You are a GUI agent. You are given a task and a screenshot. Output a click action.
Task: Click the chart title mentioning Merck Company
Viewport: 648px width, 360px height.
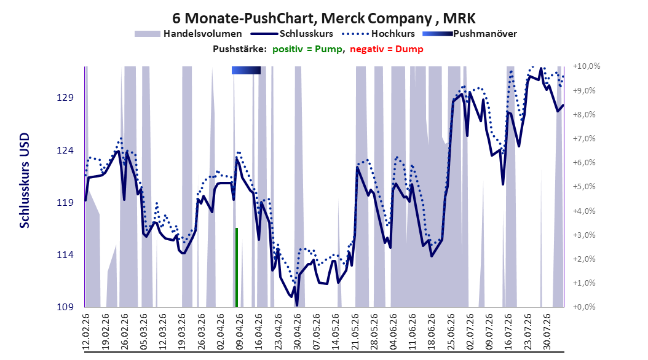[324, 18]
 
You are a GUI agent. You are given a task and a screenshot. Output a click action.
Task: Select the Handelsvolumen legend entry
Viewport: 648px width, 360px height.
[189, 34]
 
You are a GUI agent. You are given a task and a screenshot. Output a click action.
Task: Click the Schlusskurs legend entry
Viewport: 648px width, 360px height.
[292, 34]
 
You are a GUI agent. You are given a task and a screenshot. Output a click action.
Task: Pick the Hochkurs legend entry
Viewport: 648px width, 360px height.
[379, 34]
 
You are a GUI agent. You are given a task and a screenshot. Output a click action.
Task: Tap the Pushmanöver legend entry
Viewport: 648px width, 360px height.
[470, 34]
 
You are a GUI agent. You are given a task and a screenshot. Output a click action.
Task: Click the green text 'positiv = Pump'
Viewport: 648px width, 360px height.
[307, 49]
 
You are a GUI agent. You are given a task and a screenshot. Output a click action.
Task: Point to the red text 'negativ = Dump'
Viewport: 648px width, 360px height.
[387, 49]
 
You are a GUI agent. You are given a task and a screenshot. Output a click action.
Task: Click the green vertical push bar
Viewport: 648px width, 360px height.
[237, 267]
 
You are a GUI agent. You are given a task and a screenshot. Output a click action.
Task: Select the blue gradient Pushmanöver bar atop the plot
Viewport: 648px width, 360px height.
[247, 71]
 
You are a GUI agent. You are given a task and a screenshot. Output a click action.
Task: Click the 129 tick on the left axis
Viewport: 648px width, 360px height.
[65, 98]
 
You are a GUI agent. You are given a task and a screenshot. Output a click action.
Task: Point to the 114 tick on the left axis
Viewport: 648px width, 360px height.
[65, 255]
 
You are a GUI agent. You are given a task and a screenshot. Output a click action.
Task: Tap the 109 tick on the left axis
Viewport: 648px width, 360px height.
[65, 307]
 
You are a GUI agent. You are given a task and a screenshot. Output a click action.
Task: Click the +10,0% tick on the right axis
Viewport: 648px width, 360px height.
[587, 66]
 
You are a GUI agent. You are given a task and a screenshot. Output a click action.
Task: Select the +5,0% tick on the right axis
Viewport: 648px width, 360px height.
[584, 187]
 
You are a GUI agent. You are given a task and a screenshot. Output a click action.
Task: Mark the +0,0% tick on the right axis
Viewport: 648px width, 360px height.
[584, 307]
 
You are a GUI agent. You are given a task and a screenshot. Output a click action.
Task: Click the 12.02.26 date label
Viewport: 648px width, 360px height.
[86, 332]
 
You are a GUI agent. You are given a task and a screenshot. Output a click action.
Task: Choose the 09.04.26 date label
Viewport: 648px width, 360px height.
[239, 332]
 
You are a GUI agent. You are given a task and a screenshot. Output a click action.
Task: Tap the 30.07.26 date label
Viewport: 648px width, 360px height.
[547, 332]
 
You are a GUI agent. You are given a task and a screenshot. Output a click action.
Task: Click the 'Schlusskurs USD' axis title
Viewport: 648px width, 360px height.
[25, 181]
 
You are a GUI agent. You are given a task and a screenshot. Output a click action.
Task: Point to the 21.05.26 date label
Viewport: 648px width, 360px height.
[355, 332]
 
